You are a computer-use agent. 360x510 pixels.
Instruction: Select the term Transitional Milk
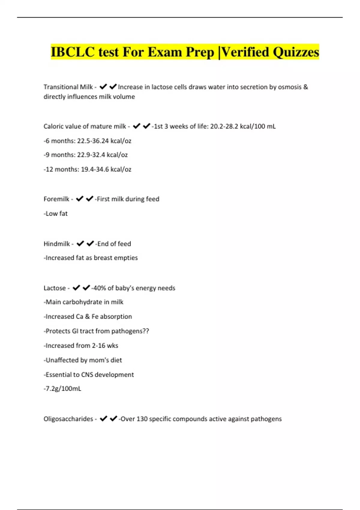point(68,87)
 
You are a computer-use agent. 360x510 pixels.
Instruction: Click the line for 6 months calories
point(87,141)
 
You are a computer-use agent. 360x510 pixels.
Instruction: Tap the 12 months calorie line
point(87,169)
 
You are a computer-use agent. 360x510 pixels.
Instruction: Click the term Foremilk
point(56,199)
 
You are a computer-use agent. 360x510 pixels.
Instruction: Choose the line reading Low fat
point(56,214)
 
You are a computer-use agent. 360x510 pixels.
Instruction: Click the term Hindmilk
point(57,244)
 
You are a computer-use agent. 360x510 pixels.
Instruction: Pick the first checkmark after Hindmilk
point(80,244)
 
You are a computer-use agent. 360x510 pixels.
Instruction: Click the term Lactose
point(55,288)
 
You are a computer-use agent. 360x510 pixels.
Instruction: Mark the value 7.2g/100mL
point(63,389)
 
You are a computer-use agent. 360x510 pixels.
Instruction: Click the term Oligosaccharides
point(68,419)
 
